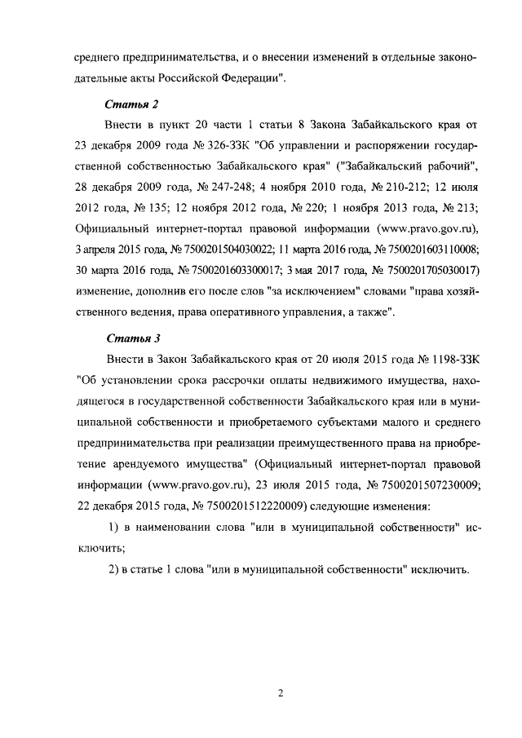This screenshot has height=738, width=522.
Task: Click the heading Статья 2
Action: pyautogui.click(x=131, y=105)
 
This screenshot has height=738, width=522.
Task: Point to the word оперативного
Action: pyautogui.click(x=219, y=312)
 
